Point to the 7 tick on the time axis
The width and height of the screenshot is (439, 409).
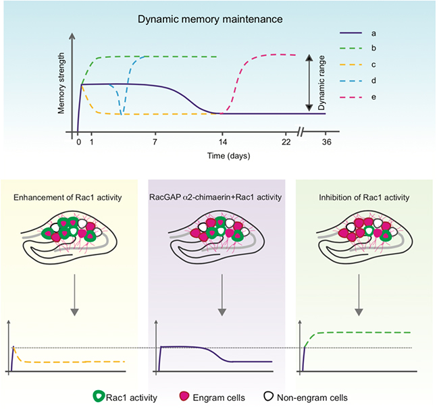click(x=155, y=142)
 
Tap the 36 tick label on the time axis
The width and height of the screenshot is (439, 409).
click(x=326, y=142)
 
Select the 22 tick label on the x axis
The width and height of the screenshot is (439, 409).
click(x=286, y=142)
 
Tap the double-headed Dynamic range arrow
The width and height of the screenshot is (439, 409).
click(x=308, y=84)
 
